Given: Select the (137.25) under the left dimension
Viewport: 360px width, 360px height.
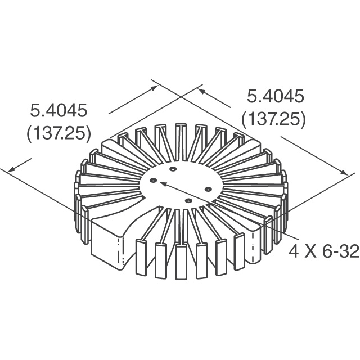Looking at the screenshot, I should coord(58,133).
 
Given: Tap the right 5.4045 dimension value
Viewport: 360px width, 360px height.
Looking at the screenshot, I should coord(276,96).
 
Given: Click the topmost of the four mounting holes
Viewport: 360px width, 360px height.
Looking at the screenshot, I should coord(173,169).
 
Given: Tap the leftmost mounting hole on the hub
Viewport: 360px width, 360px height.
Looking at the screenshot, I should coord(153,181).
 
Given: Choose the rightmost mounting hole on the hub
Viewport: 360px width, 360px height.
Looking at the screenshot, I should coord(208,188).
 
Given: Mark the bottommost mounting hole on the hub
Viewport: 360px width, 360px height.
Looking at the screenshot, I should coord(188,200).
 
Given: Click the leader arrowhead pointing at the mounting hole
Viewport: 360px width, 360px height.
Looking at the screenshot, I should coord(164,183).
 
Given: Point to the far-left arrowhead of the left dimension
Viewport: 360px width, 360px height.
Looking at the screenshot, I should coord(10,169).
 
